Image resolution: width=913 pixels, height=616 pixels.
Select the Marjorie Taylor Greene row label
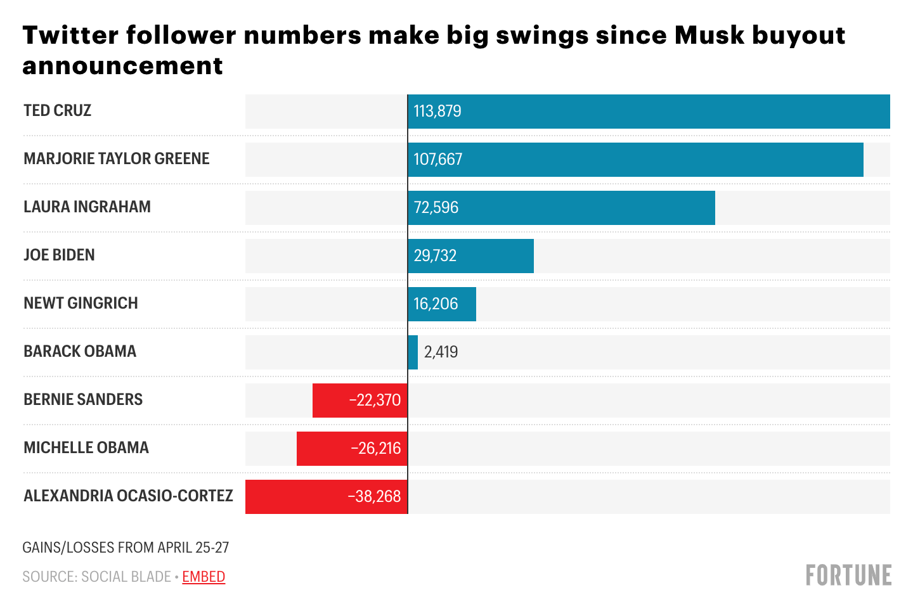tap(117, 159)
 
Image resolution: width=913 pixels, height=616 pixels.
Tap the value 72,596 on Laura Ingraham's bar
tap(436, 208)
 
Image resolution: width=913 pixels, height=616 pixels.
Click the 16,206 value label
tap(436, 304)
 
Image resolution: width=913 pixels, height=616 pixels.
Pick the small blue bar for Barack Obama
tap(413, 352)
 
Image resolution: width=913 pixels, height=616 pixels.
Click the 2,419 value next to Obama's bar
tap(441, 352)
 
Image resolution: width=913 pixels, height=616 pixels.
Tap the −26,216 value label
tap(376, 449)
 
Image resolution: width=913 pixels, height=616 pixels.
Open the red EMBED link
tap(204, 577)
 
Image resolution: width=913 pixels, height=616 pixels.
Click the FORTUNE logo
tap(848, 575)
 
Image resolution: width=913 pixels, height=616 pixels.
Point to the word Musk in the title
tap(709, 35)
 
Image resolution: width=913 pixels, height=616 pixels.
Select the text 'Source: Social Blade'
tap(96, 577)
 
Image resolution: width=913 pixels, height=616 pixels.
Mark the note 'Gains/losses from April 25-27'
tap(126, 548)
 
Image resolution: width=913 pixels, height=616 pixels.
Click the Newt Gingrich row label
tap(81, 304)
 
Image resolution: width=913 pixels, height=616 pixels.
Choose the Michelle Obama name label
tap(86, 448)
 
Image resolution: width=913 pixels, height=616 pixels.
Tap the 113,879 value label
tap(437, 112)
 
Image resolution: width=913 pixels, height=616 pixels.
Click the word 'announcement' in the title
tap(123, 66)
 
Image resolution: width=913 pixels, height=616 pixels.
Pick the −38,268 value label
tap(375, 497)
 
